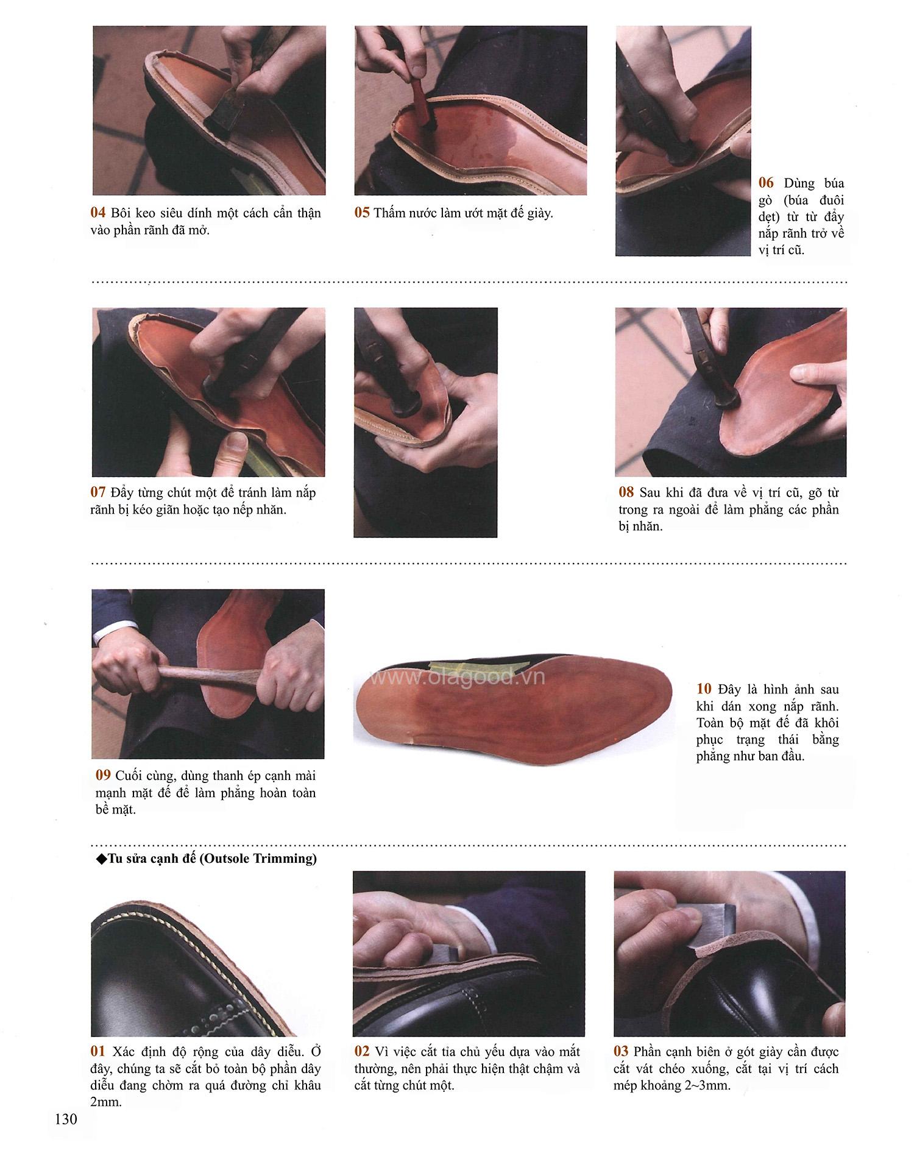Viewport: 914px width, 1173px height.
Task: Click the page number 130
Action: (x=66, y=1119)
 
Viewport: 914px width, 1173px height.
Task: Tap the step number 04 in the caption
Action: (x=98, y=213)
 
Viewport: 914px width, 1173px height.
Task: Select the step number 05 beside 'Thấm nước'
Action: (x=362, y=213)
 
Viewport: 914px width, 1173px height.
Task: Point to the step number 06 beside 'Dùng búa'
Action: (x=766, y=183)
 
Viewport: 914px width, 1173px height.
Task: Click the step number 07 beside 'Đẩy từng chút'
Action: (x=98, y=492)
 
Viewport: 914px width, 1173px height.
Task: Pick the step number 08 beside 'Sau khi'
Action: (x=626, y=492)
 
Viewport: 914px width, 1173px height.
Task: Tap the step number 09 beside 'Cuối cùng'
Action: (x=103, y=775)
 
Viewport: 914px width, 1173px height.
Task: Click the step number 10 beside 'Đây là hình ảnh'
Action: (x=704, y=689)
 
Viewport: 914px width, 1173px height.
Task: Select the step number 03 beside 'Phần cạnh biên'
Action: (x=621, y=1051)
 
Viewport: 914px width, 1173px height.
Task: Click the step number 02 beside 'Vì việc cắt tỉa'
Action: (x=362, y=1051)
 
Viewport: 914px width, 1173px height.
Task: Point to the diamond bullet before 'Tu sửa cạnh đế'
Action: (x=101, y=859)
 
